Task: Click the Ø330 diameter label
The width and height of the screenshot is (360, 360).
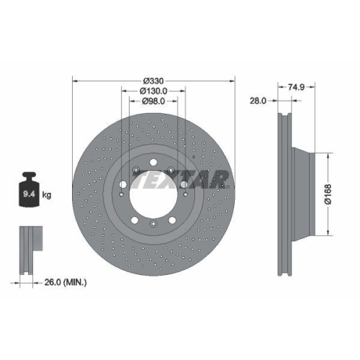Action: pyautogui.click(x=154, y=79)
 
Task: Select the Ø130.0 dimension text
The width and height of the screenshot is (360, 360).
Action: pyautogui.click(x=154, y=91)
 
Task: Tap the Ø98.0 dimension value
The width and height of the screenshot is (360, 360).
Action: pyautogui.click(x=154, y=102)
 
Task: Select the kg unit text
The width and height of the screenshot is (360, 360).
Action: pyautogui.click(x=46, y=195)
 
